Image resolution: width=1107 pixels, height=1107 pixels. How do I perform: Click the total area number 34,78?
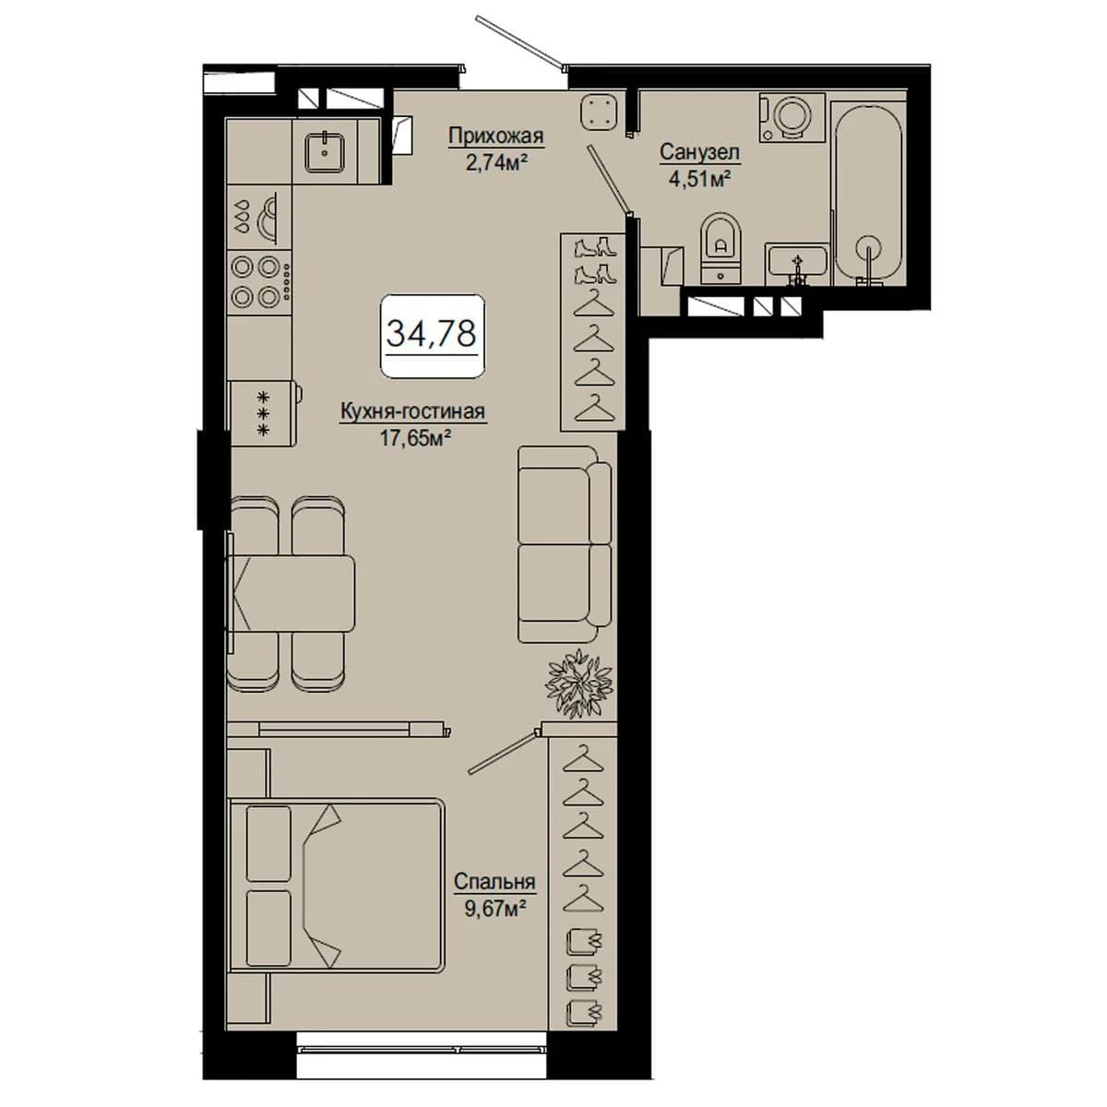coord(432,334)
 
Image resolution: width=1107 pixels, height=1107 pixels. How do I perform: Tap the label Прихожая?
coord(495,137)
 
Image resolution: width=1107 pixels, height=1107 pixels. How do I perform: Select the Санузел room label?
coord(699,152)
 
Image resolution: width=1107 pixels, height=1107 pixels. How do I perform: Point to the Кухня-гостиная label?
coord(413,411)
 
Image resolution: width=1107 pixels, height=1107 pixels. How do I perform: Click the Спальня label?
coord(494,881)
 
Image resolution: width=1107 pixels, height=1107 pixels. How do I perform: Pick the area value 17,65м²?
coord(414,438)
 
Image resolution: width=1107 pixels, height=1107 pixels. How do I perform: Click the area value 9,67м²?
coord(495,909)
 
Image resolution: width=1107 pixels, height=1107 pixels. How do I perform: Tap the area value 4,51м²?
coord(699,179)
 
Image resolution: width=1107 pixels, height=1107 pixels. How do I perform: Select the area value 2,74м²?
coord(496,163)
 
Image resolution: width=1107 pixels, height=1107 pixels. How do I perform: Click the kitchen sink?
coord(325,151)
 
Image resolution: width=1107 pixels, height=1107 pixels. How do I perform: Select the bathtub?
coord(869,193)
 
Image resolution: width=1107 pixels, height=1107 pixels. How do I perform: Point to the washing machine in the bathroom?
coord(792,117)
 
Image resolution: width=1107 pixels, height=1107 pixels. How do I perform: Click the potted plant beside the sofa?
coord(578,684)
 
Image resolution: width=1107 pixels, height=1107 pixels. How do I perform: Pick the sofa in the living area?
coord(565,544)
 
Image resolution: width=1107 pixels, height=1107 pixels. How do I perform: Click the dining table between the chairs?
coord(292,593)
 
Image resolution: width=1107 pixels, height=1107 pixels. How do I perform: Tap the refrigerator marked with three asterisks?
coord(264,413)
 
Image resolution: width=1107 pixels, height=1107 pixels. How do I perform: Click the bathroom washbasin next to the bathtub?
coord(797,264)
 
